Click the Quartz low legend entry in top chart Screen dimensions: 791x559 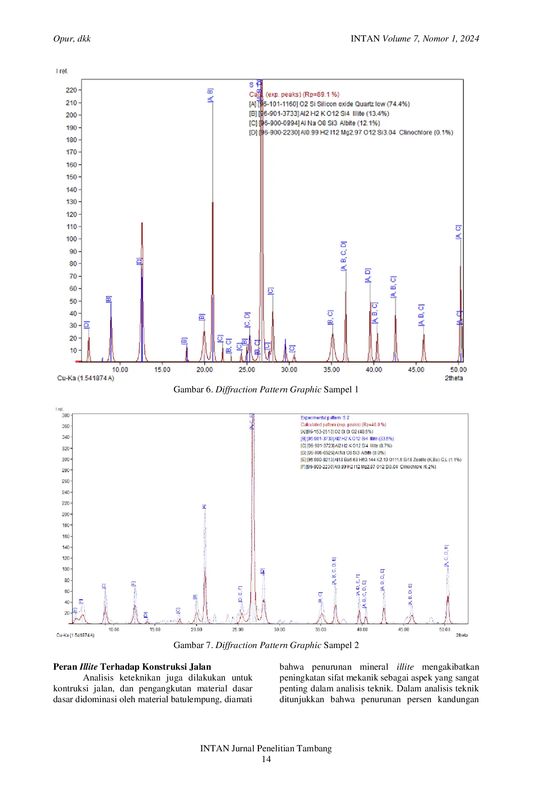[x=329, y=104]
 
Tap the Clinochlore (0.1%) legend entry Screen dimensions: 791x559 [x=351, y=133]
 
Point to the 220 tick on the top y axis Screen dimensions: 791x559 [x=71, y=90]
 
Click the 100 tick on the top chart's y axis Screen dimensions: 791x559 [x=71, y=239]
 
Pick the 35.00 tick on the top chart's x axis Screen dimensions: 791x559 [x=331, y=370]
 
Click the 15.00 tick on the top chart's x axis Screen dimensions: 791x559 [x=162, y=370]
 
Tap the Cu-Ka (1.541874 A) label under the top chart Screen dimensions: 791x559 [x=86, y=378]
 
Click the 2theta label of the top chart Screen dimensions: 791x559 [x=454, y=378]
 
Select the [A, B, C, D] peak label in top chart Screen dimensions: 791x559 [x=344, y=256]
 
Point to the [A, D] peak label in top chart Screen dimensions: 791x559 [x=368, y=276]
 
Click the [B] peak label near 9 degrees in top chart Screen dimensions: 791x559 [x=109, y=299]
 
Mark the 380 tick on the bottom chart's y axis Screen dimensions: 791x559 [x=66, y=415]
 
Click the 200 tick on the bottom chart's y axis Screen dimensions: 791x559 [x=66, y=514]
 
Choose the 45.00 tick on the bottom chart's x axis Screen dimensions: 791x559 [x=403, y=630]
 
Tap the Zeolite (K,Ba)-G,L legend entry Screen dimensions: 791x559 [x=381, y=460]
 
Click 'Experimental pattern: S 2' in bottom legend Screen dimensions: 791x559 [x=325, y=418]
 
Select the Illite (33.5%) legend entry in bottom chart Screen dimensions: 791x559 [x=347, y=438]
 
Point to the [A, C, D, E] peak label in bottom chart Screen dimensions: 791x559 [x=446, y=556]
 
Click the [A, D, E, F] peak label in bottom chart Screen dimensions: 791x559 [x=358, y=585]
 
